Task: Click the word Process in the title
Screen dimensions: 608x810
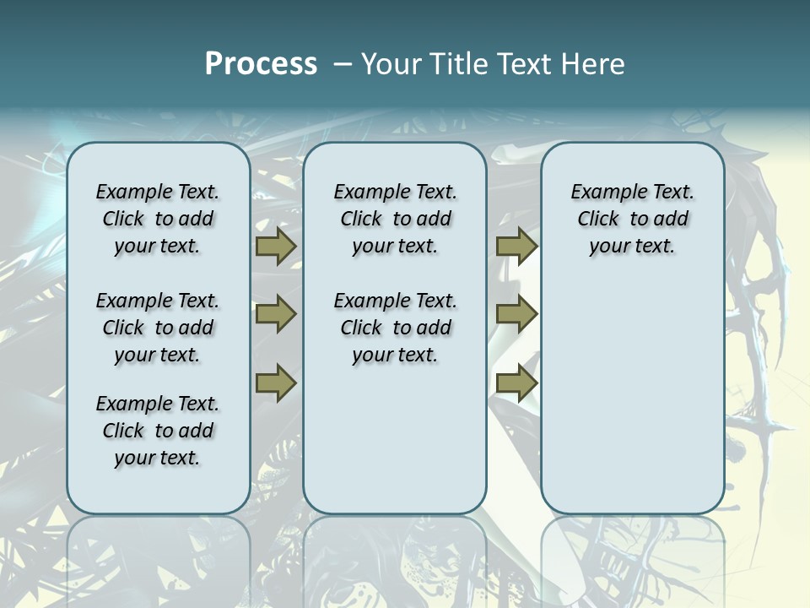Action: click(x=261, y=64)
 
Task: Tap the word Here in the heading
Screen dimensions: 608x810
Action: click(x=592, y=64)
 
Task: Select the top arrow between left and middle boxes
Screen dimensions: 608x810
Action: click(x=276, y=247)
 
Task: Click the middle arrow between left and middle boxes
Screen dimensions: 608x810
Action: click(x=276, y=315)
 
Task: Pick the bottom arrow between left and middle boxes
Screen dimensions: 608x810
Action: click(x=276, y=383)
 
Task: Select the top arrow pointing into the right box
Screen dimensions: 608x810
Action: click(x=516, y=247)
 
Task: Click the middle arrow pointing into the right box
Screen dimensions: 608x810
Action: click(x=516, y=315)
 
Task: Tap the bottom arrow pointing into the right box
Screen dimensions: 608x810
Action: click(x=516, y=383)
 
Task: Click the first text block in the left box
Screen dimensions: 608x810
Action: click(x=158, y=219)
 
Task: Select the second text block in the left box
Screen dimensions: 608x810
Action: click(x=158, y=328)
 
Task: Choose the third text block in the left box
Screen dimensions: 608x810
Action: click(x=158, y=431)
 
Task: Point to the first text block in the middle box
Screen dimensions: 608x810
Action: click(x=395, y=219)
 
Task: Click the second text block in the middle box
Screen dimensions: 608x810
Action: click(x=395, y=328)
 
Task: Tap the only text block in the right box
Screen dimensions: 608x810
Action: click(x=632, y=219)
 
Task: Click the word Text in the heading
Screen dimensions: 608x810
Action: click(x=523, y=64)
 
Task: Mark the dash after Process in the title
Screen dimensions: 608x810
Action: click(x=343, y=64)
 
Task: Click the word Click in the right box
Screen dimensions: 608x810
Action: click(x=598, y=220)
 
